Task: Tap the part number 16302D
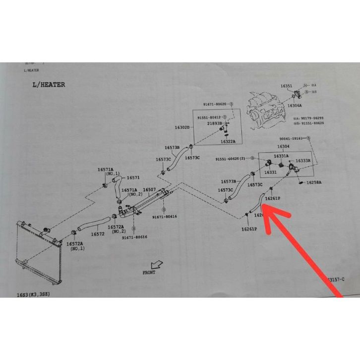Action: click(x=181, y=127)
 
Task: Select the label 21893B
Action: click(x=215, y=123)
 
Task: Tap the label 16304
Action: click(x=283, y=147)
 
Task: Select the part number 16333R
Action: click(x=302, y=161)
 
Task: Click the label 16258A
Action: click(x=313, y=182)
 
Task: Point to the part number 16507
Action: click(x=150, y=190)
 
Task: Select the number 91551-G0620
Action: click(x=231, y=159)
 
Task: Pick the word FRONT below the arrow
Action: click(x=149, y=272)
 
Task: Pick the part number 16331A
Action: click(x=281, y=156)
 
